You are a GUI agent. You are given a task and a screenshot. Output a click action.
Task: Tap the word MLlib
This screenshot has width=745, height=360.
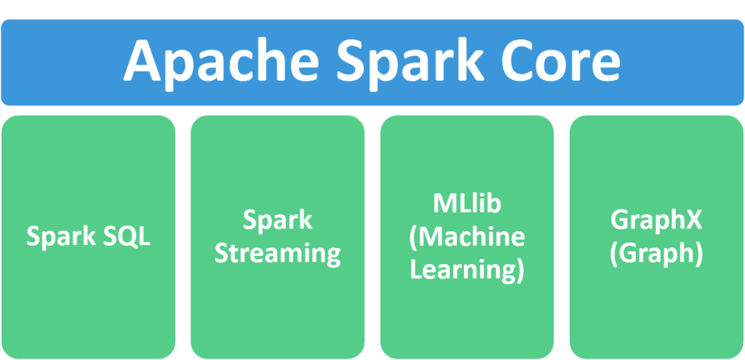pyautogui.click(x=467, y=204)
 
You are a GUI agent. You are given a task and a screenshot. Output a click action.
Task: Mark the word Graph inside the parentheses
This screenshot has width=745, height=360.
pyautogui.click(x=656, y=255)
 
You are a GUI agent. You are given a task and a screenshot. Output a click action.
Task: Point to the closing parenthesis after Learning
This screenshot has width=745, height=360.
pyautogui.click(x=519, y=271)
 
